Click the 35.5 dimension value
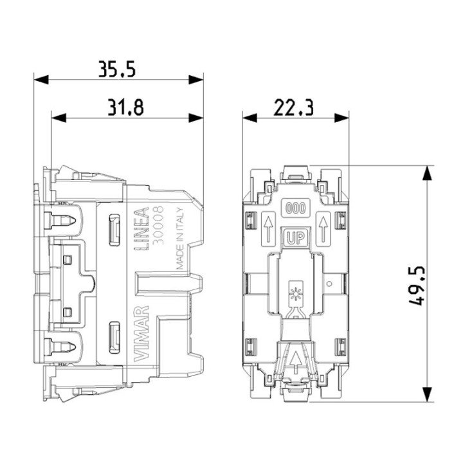(x=117, y=69)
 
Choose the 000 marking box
(x=296, y=208)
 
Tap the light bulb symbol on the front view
(x=295, y=289)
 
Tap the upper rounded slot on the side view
(x=114, y=230)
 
